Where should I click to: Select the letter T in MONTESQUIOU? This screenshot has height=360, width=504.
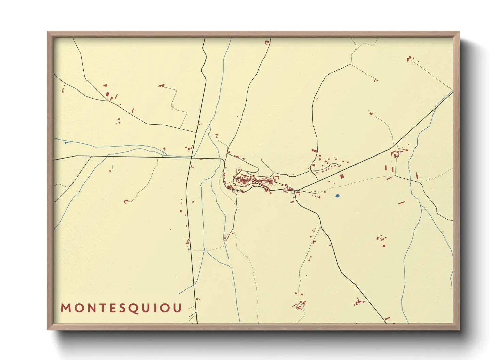(x=101, y=308)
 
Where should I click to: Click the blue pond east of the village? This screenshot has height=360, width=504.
(x=337, y=196)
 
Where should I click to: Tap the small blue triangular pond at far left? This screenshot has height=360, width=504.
(x=66, y=143)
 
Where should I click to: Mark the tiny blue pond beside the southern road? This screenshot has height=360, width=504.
(x=189, y=249)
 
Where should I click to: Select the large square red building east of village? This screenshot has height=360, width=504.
(x=342, y=176)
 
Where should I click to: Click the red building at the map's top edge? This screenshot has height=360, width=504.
(x=267, y=42)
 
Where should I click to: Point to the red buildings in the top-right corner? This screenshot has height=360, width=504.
(x=410, y=59)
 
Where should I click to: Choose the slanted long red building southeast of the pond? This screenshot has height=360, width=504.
(x=401, y=203)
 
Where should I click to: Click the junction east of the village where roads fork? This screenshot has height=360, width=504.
(x=295, y=191)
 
